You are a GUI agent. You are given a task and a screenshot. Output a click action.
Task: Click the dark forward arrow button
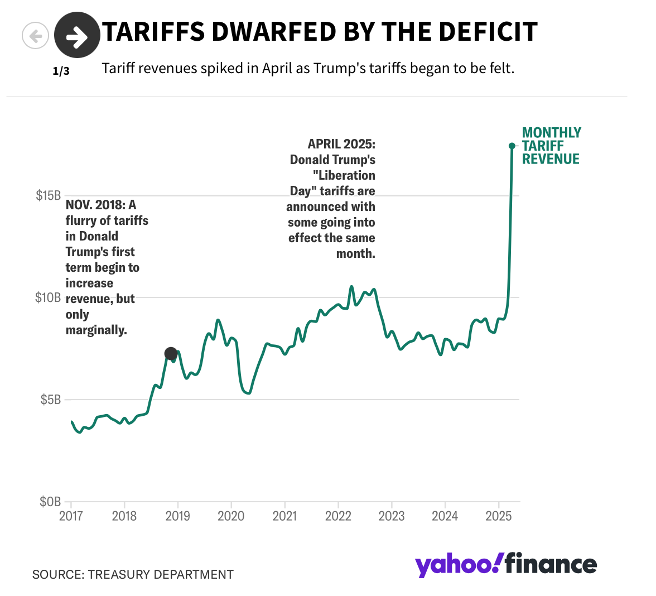pyautogui.click(x=77, y=36)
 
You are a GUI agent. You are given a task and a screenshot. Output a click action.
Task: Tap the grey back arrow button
pyautogui.click(x=35, y=36)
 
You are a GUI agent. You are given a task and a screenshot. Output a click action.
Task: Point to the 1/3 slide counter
pyautogui.click(x=61, y=71)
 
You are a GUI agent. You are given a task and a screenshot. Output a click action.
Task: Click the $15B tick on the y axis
pyautogui.click(x=49, y=195)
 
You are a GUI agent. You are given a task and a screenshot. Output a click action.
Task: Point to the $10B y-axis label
pyautogui.click(x=48, y=297)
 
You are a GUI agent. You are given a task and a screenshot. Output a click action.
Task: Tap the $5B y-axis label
pyautogui.click(x=51, y=400)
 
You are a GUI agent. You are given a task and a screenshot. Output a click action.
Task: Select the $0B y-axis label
pyautogui.click(x=50, y=502)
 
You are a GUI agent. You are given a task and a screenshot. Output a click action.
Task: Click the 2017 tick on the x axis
pyautogui.click(x=71, y=516)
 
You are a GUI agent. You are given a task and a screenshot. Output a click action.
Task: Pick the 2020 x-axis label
pyautogui.click(x=231, y=516)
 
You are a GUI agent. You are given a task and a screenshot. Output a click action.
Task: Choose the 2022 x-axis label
pyautogui.click(x=338, y=516)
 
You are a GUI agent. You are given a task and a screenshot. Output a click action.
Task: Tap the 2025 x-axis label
pyautogui.click(x=498, y=516)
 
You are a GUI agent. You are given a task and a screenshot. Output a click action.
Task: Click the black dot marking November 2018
pyautogui.click(x=171, y=353)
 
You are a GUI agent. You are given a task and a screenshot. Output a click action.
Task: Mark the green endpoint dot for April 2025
pyautogui.click(x=512, y=146)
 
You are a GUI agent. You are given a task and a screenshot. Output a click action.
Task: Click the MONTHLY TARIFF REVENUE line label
pyautogui.click(x=551, y=146)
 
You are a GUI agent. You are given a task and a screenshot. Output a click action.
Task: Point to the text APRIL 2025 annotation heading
pyautogui.click(x=341, y=144)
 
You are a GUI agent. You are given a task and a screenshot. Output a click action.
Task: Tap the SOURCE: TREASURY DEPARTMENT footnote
pyautogui.click(x=133, y=574)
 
